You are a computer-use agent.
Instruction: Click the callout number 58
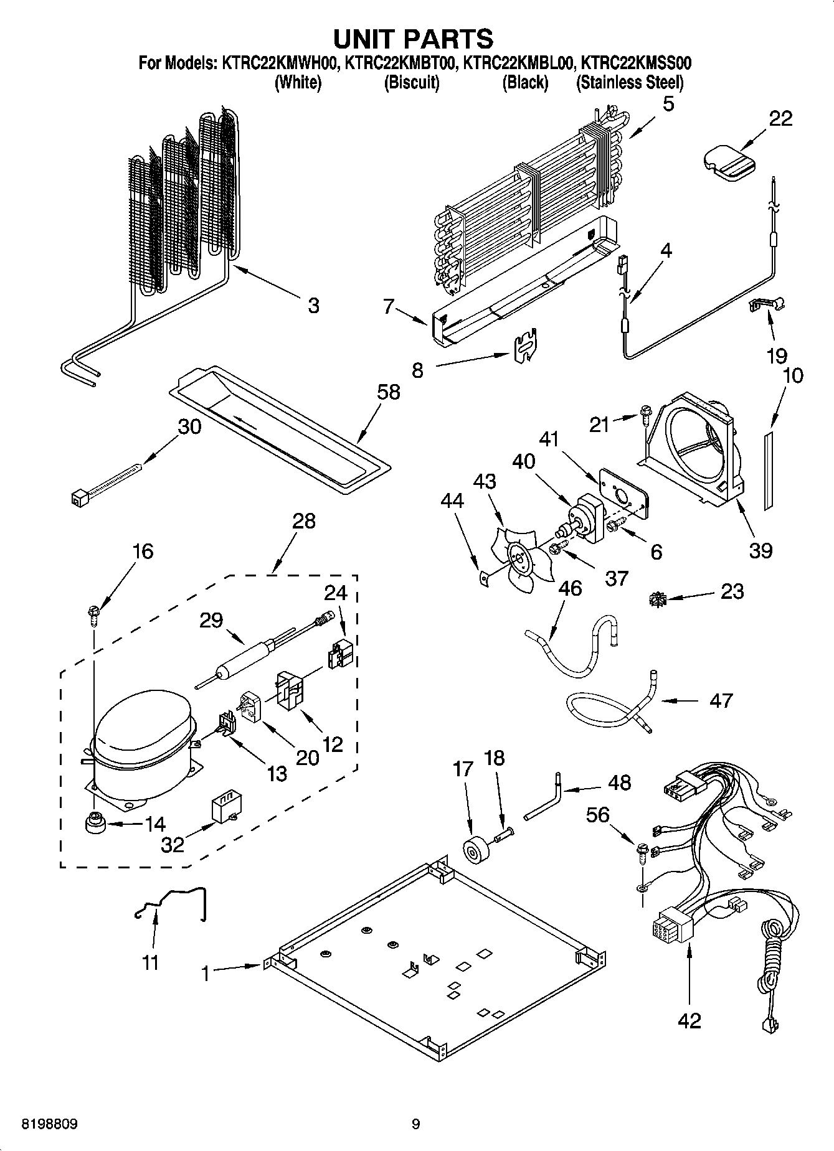pyautogui.click(x=388, y=392)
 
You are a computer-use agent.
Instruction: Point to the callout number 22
pyautogui.click(x=780, y=118)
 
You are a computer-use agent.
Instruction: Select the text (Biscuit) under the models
pyautogui.click(x=412, y=82)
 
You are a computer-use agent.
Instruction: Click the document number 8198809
pyautogui.click(x=50, y=1124)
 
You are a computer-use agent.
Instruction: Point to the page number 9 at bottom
pyautogui.click(x=415, y=1124)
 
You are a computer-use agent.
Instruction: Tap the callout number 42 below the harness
pyautogui.click(x=689, y=1020)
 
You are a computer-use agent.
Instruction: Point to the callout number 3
pyautogui.click(x=313, y=305)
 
